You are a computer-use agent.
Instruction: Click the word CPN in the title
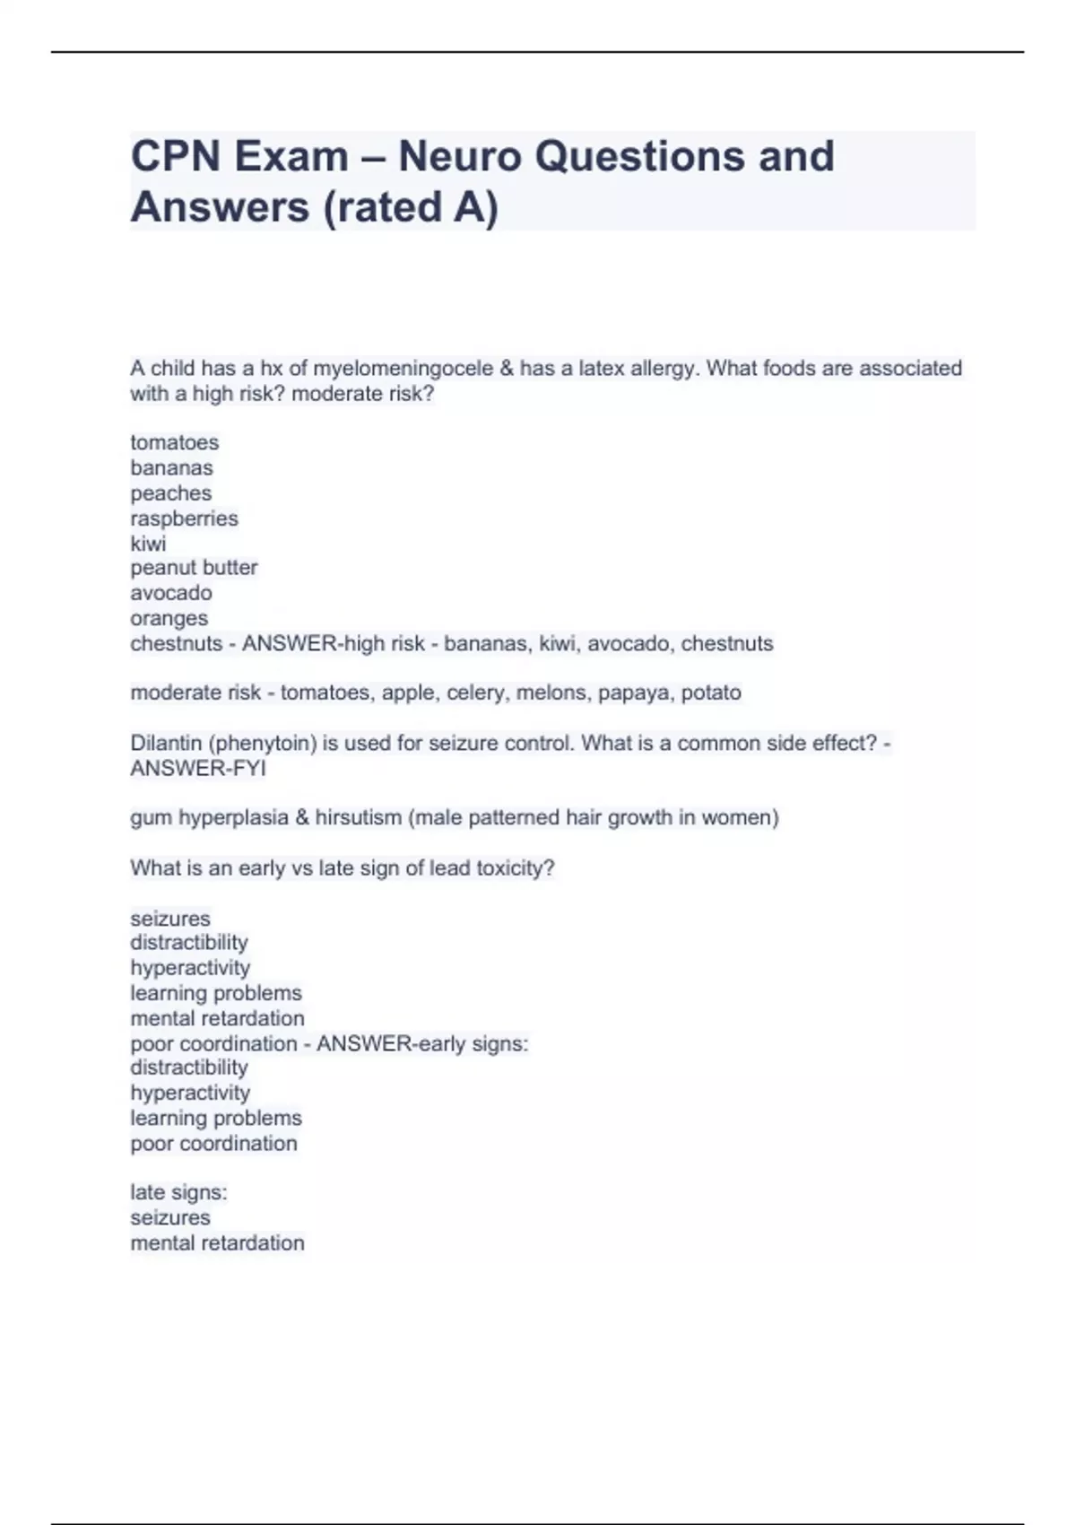click(x=176, y=157)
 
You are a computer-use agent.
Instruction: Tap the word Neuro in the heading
click(x=458, y=157)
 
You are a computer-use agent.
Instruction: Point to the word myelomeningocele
click(x=403, y=369)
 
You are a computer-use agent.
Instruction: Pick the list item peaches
click(x=171, y=493)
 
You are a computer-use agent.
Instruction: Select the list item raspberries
click(x=185, y=518)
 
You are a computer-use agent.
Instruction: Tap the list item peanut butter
click(x=194, y=568)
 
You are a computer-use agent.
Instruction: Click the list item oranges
click(x=169, y=618)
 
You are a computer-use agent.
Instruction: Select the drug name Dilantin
click(x=164, y=743)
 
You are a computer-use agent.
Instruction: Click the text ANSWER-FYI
click(x=198, y=769)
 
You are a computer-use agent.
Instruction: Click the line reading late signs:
click(x=178, y=1192)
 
